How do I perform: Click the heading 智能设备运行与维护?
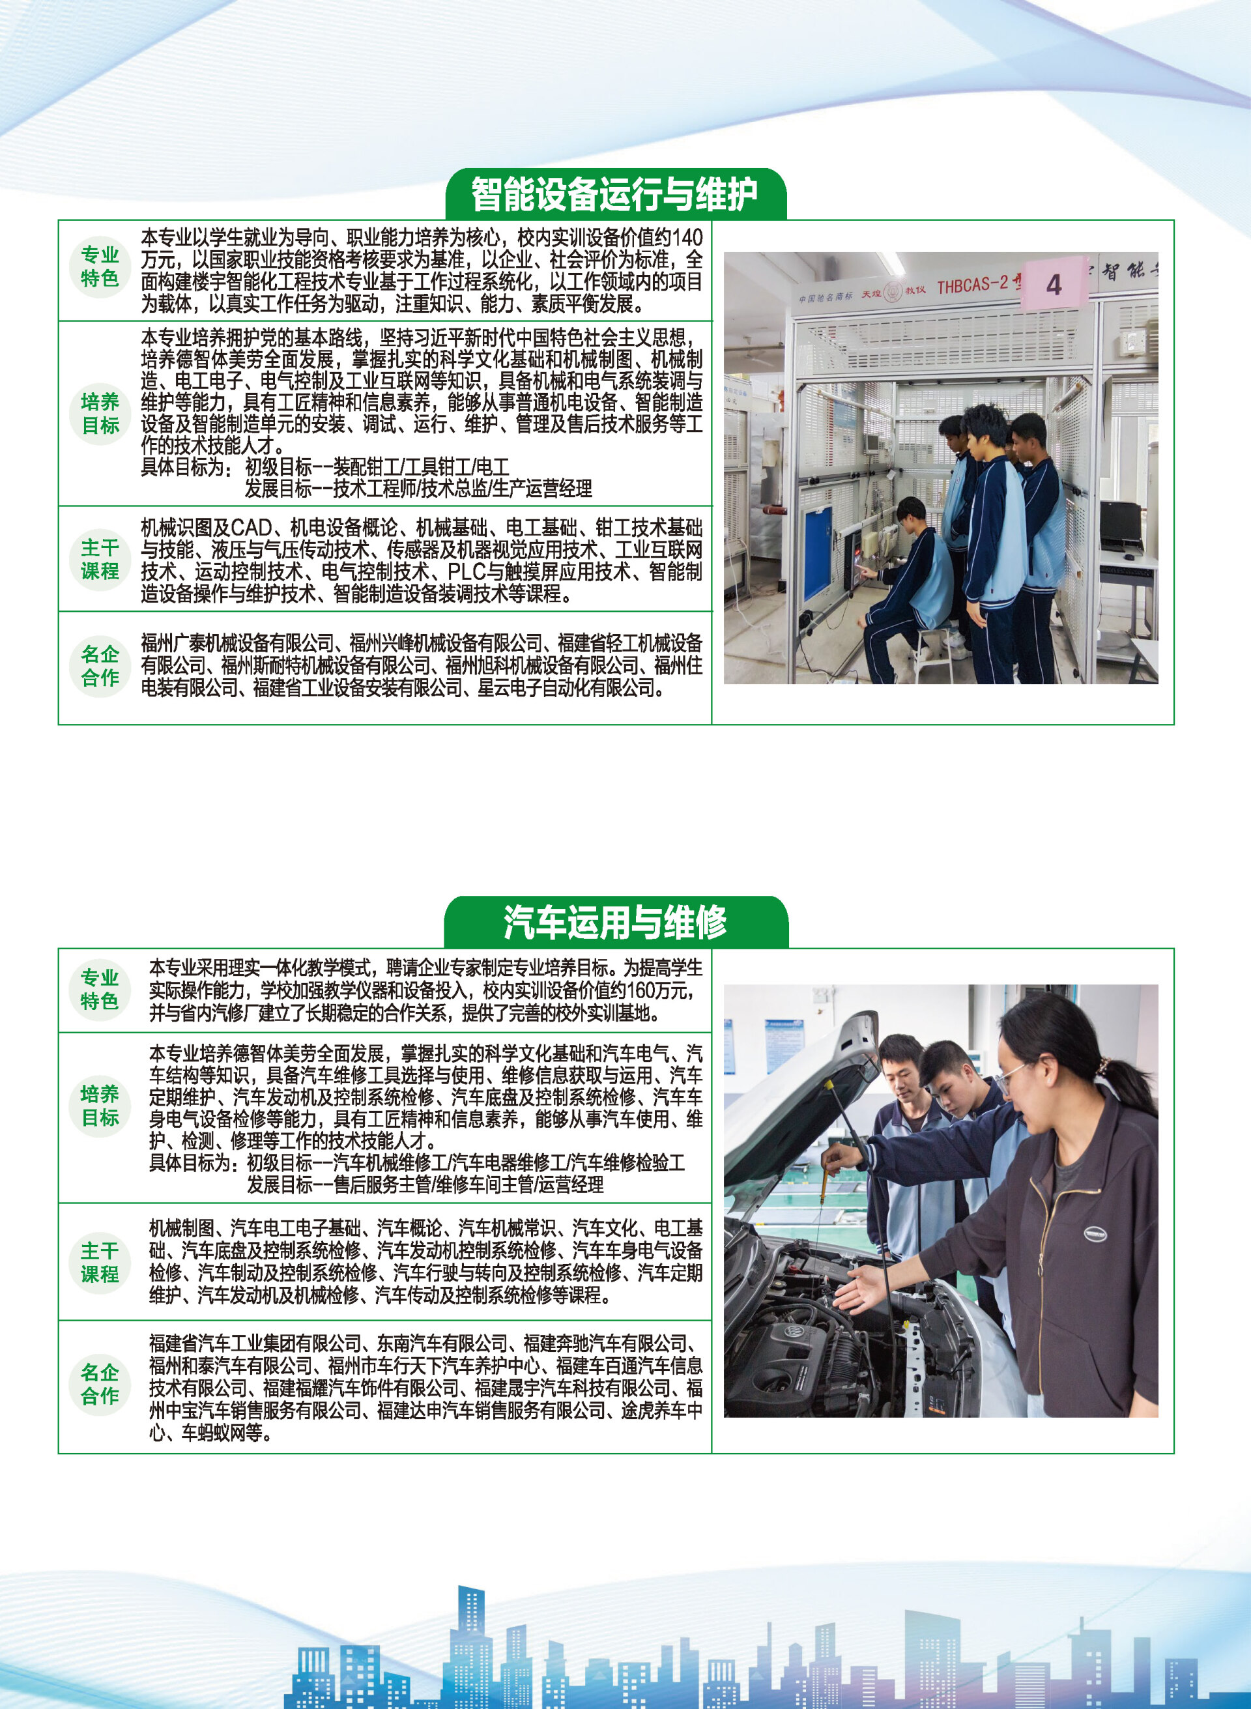[614, 195]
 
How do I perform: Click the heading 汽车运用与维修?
[615, 923]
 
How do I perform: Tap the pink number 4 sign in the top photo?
[1054, 285]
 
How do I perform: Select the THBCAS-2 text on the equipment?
[972, 285]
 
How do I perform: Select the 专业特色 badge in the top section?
[100, 266]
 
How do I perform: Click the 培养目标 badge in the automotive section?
[100, 1106]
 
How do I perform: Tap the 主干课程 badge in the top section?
[100, 559]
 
